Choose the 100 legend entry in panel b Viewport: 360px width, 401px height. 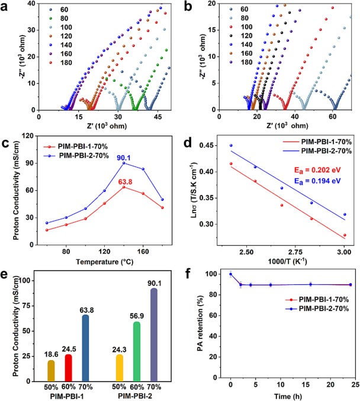pos(243,27)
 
